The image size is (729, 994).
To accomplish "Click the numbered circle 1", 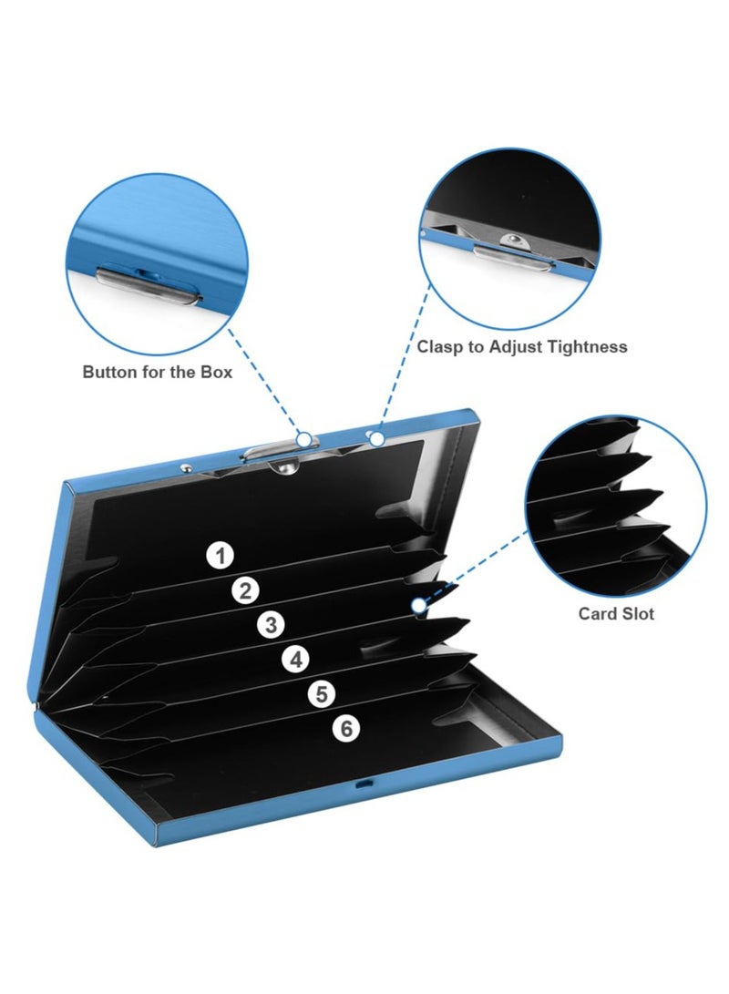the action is coord(220,556).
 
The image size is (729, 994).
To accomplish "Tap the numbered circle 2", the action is coord(245,590).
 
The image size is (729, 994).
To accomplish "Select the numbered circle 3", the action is coord(271,625).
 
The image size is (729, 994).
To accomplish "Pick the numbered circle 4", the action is coord(296,660).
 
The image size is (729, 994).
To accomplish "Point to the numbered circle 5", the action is coord(322,694).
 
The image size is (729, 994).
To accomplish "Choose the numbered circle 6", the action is coord(346,728).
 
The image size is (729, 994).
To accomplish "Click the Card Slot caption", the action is coord(616,614).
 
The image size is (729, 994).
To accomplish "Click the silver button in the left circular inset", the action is coord(147,286).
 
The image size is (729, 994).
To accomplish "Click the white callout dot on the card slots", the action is coord(418,606).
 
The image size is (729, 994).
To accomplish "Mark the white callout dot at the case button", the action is coord(305,439).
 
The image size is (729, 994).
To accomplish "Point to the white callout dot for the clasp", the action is coord(377,438).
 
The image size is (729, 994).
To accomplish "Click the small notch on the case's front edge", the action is coord(363,784).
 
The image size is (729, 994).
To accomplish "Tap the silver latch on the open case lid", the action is coord(272,451).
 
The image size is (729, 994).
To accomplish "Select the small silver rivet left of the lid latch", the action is coord(185,467).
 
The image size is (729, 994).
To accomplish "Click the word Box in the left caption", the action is coord(217,372).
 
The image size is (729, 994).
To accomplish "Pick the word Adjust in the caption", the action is coord(515,347).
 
